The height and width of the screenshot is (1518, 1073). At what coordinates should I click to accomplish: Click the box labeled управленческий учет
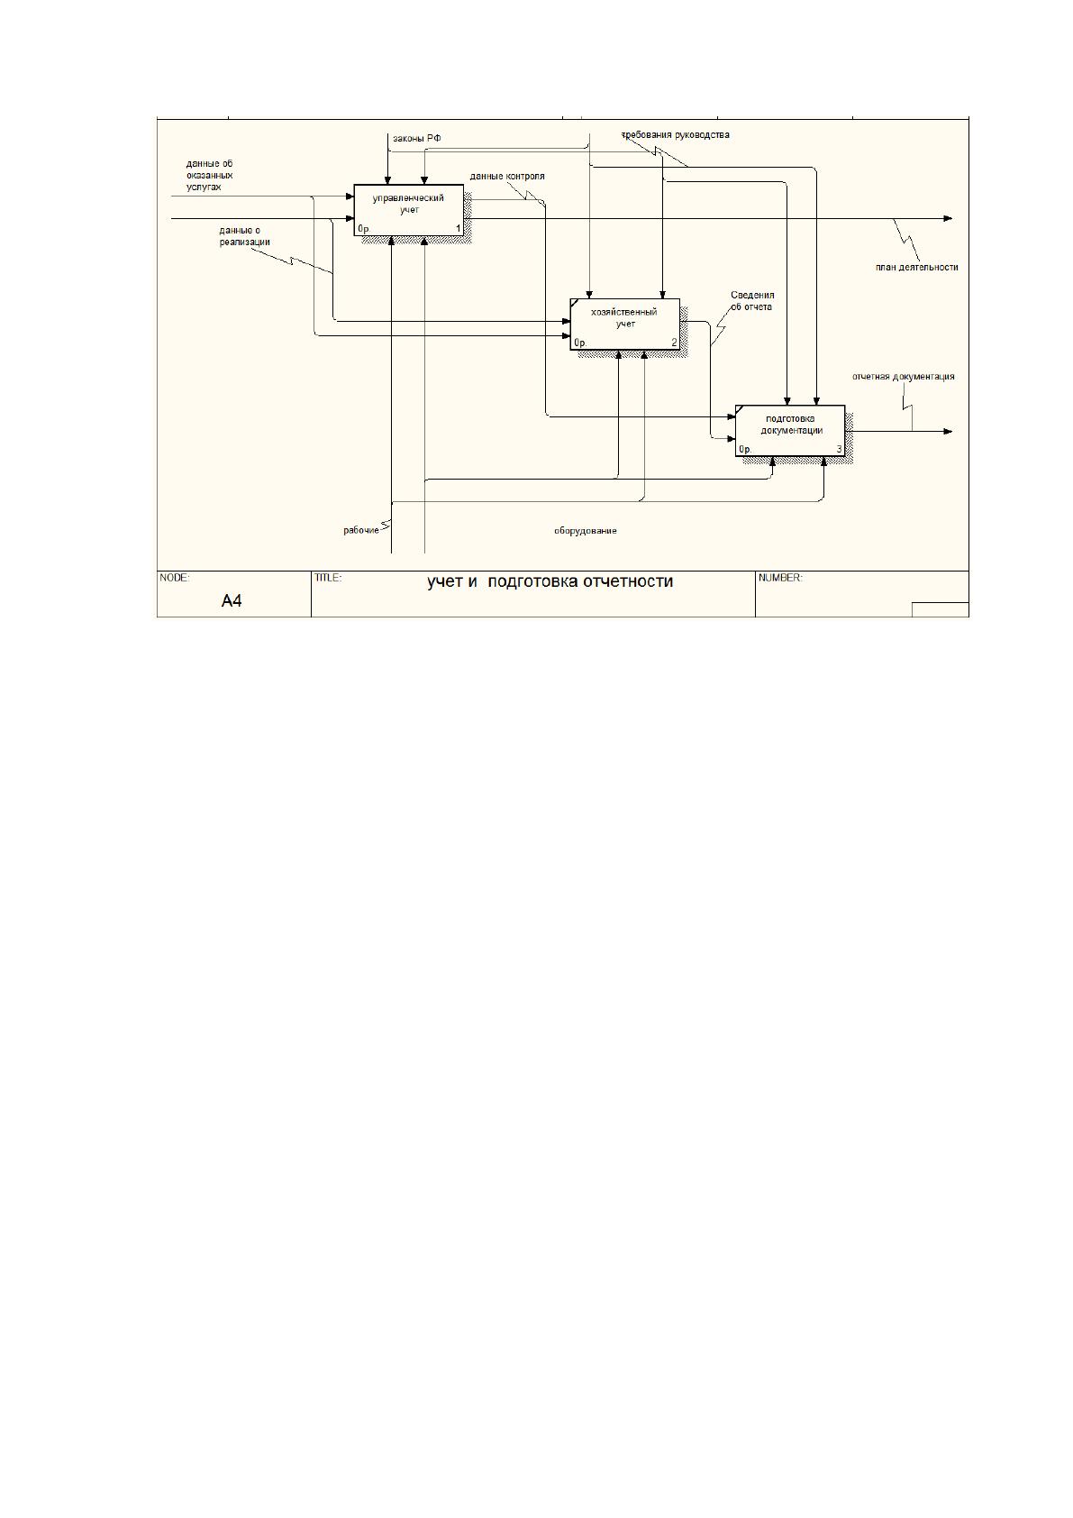(408, 210)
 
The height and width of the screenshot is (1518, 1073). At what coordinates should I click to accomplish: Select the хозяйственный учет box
(624, 324)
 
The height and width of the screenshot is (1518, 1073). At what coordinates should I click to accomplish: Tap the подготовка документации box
(790, 430)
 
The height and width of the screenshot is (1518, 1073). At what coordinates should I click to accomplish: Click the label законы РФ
(416, 138)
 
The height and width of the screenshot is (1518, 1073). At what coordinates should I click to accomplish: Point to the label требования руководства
(676, 135)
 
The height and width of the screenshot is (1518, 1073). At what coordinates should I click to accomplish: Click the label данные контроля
(507, 176)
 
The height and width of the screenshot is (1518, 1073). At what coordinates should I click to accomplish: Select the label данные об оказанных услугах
(209, 175)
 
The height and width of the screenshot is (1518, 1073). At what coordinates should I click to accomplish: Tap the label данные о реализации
(244, 236)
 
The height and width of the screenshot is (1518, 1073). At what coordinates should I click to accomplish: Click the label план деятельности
(916, 267)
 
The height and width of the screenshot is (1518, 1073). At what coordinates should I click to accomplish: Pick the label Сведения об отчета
(752, 301)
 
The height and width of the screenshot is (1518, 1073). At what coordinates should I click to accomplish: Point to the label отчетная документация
(903, 376)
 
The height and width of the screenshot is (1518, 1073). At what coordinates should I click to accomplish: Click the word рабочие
(361, 530)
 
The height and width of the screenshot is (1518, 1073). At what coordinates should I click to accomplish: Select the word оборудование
(586, 531)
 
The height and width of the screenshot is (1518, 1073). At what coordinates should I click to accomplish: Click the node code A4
(232, 600)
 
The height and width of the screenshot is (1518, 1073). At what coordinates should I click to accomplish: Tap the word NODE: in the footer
(175, 578)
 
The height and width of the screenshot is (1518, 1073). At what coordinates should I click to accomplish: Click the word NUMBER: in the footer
(780, 578)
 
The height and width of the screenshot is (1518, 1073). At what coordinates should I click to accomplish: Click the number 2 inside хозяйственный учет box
(674, 343)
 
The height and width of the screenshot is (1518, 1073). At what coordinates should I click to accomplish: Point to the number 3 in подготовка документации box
(840, 449)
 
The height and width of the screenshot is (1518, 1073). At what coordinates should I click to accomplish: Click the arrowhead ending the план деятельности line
(949, 218)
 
